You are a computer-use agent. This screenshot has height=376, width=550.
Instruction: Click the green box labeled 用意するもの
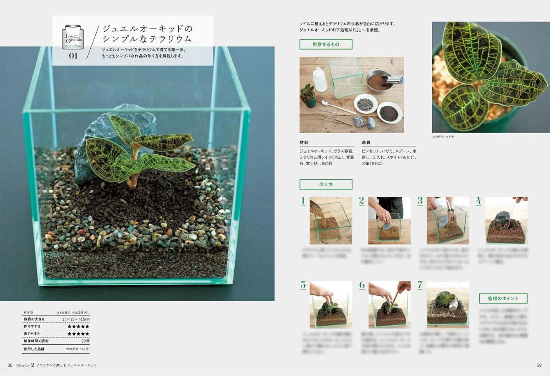coord(326,45)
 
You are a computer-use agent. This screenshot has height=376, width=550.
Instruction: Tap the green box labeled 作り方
coord(326,184)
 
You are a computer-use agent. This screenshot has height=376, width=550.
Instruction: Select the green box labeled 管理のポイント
coord(503,299)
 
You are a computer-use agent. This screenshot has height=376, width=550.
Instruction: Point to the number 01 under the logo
coord(73,56)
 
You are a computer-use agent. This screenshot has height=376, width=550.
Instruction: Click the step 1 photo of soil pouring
coord(331,221)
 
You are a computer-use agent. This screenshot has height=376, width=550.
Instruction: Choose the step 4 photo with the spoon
coord(506,221)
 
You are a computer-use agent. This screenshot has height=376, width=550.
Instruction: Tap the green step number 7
coord(420,285)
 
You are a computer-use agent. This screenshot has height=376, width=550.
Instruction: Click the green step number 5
coord(303,285)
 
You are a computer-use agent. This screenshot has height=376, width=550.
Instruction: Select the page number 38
coord(10,365)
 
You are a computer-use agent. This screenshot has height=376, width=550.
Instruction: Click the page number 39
coord(539,365)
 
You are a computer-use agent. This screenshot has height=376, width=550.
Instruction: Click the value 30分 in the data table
coord(85,341)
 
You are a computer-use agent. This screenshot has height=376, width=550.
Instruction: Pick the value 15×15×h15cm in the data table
coord(75,319)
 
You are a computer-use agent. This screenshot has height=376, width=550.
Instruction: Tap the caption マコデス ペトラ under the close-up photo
coord(443,137)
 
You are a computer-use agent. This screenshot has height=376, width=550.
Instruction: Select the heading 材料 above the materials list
coord(304,143)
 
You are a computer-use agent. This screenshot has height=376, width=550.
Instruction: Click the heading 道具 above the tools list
coord(366,143)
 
